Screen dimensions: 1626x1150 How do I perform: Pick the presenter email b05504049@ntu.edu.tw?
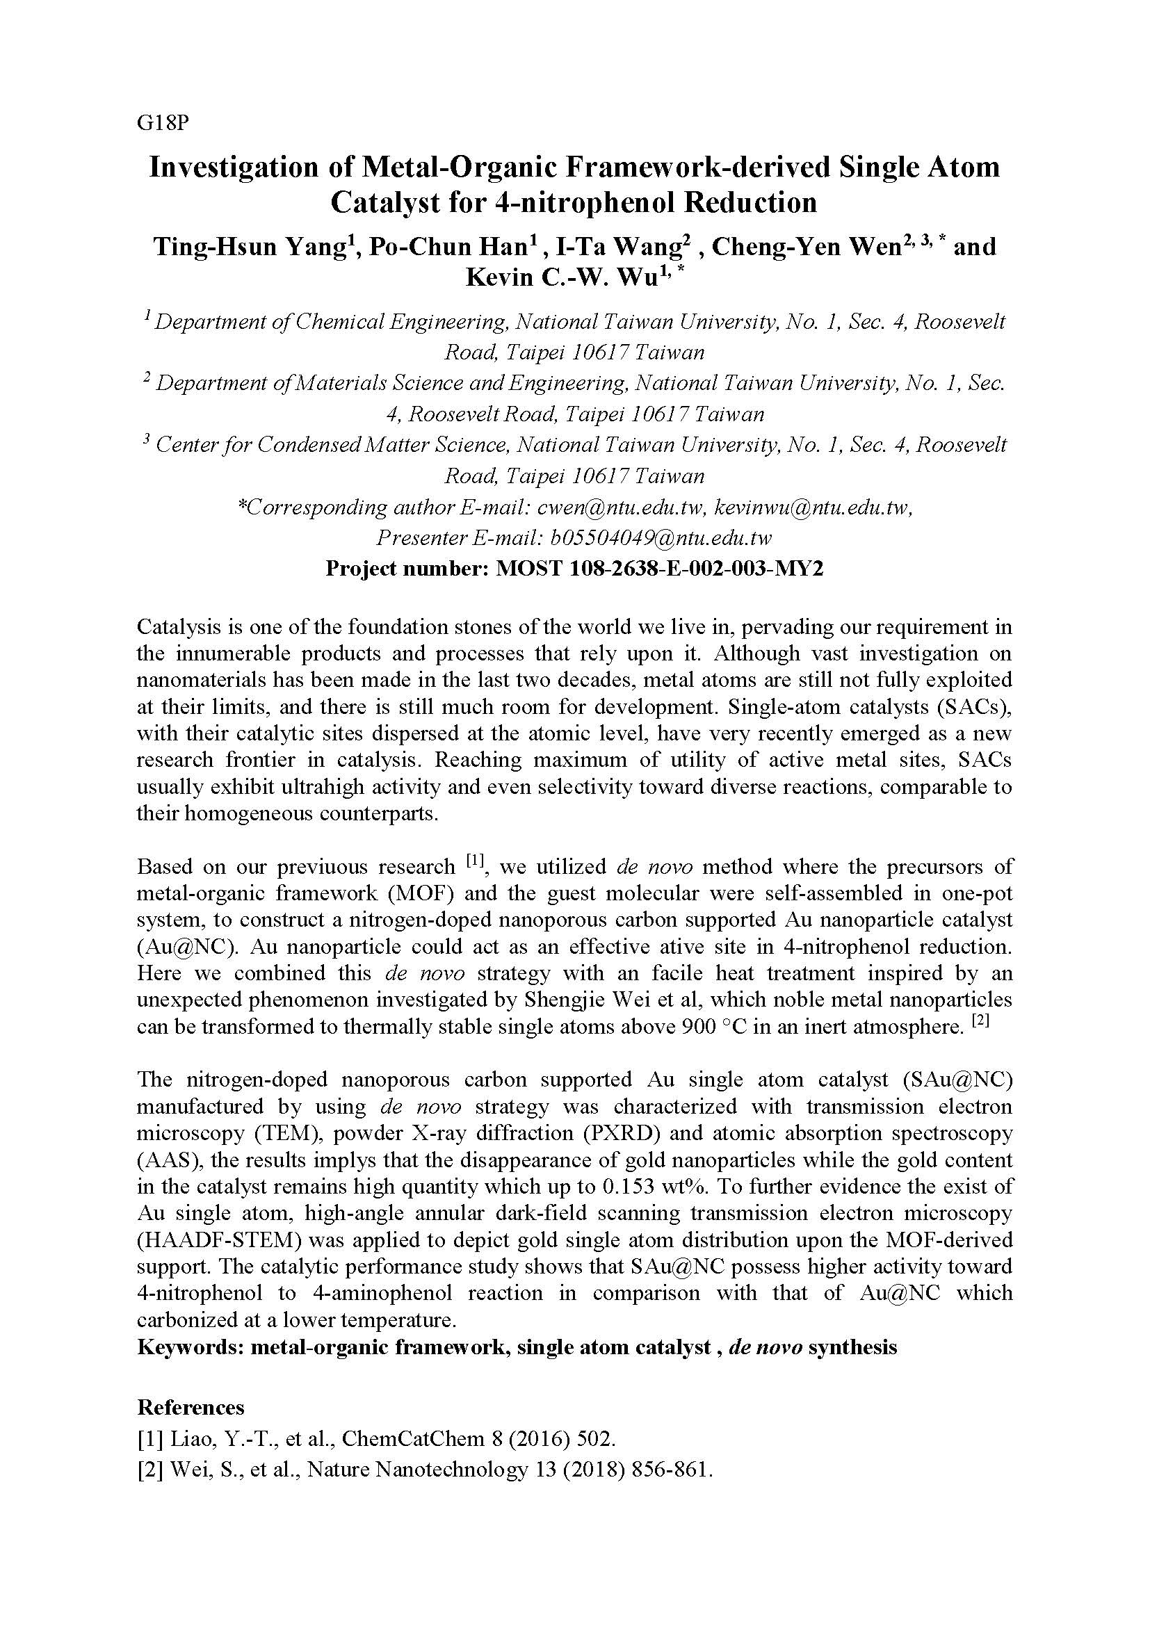pyautogui.click(x=660, y=537)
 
